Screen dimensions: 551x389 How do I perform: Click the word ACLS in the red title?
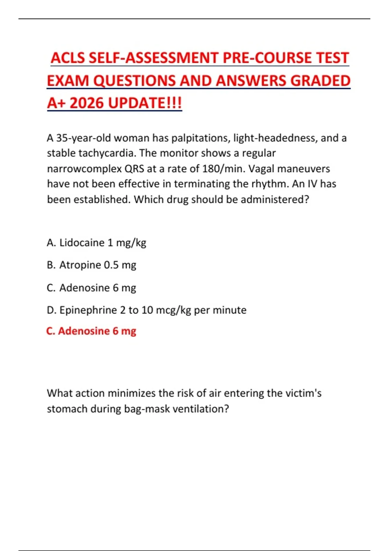68,58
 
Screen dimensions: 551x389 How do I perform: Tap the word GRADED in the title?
320,81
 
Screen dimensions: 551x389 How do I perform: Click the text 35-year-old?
84,138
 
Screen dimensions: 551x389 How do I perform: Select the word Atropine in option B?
80,265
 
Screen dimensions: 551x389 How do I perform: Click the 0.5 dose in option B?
111,265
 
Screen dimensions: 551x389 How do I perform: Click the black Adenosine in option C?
85,288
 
